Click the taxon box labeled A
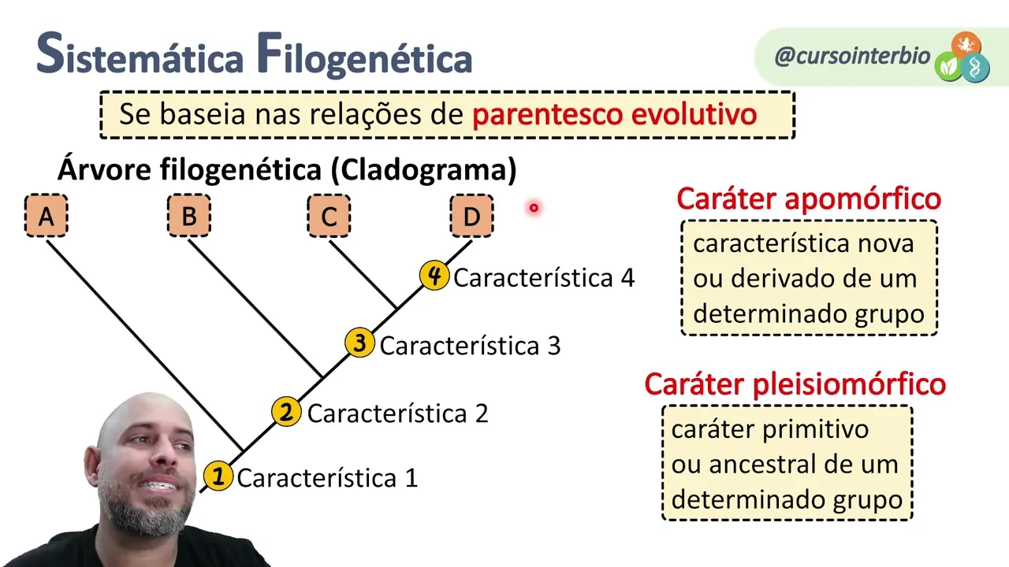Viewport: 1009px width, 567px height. point(47,216)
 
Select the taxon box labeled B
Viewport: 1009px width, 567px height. point(189,216)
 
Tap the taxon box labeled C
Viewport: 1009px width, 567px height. point(329,216)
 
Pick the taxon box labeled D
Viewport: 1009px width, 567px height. point(471,216)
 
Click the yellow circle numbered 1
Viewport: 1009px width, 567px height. point(218,476)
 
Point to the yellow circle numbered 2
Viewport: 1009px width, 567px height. point(286,411)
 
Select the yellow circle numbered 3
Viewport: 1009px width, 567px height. point(359,343)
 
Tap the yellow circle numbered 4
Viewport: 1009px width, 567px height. point(434,276)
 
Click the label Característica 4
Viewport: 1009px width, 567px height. point(544,278)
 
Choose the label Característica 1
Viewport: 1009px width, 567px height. point(327,478)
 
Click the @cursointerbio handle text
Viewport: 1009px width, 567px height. point(852,56)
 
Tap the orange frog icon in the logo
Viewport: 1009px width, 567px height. point(965,44)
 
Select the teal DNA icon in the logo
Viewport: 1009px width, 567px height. point(977,68)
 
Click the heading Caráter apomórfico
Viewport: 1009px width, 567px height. point(809,199)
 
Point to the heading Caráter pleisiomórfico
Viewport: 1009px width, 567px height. point(795,384)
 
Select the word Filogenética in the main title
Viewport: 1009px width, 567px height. point(363,57)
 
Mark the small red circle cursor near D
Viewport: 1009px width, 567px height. point(534,208)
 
